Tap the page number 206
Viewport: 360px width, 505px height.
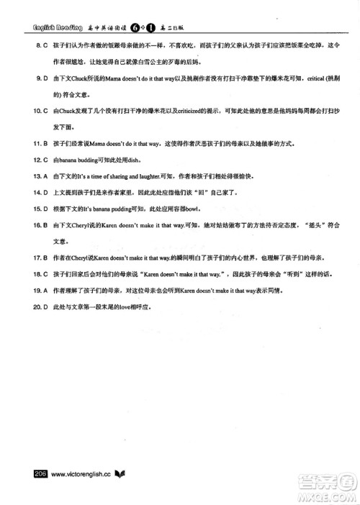(x=36, y=473)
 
